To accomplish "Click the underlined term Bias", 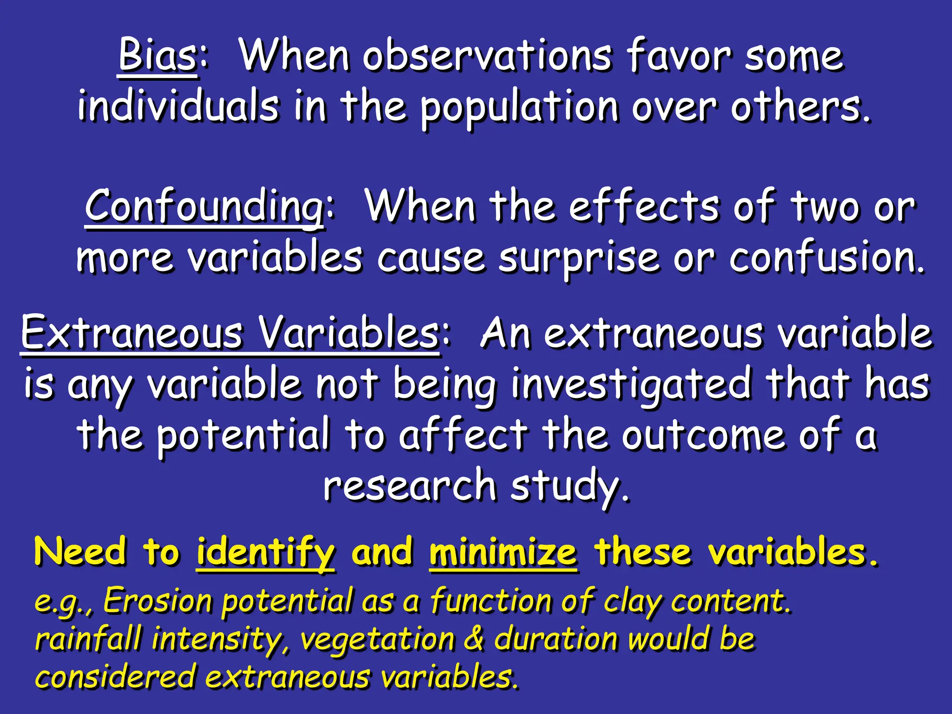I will click(158, 56).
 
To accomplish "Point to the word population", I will click(519, 108).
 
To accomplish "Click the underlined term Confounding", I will click(205, 207).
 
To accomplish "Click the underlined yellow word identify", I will click(265, 552).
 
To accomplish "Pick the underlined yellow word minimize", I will click(503, 552).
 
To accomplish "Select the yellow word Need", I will click(80, 551).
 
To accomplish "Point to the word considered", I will click(115, 677).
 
